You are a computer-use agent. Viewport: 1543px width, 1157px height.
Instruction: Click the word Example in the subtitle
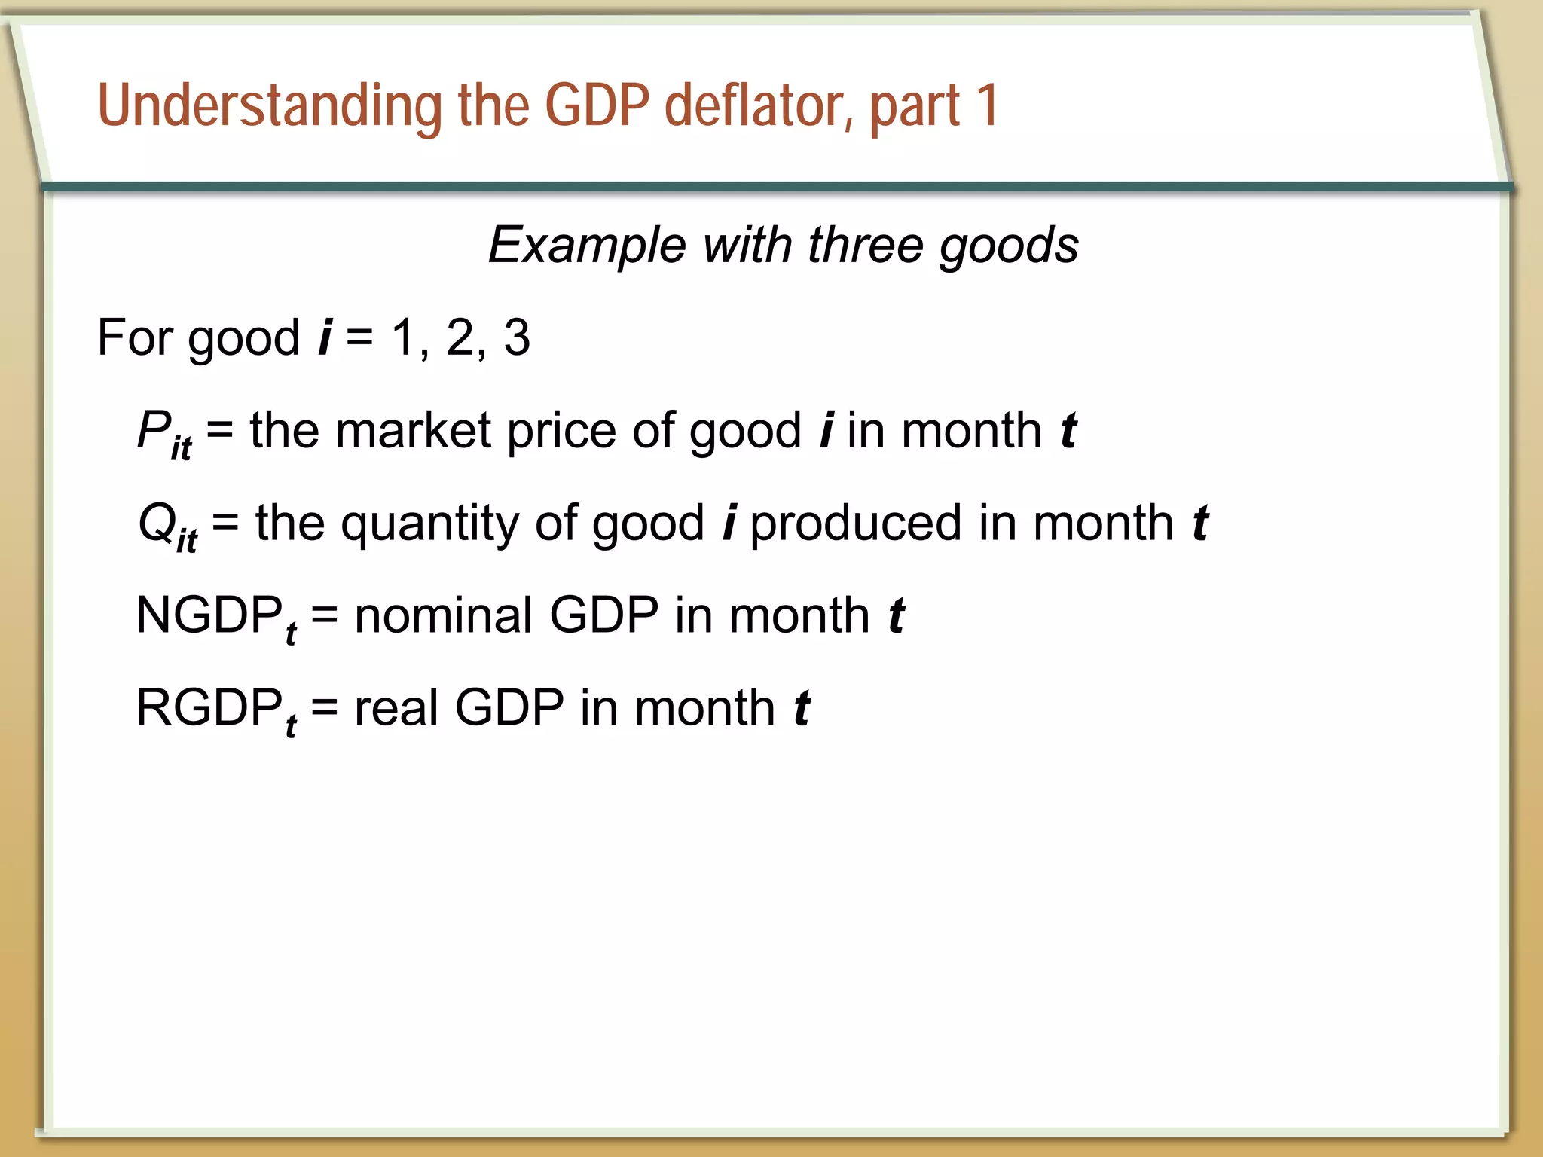(587, 246)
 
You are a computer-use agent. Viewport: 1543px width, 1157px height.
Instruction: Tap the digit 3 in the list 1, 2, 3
(517, 337)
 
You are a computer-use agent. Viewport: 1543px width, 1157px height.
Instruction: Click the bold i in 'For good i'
(325, 337)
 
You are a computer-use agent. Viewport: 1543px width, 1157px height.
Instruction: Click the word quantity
(429, 524)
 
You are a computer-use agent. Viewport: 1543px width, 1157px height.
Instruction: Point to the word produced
(856, 523)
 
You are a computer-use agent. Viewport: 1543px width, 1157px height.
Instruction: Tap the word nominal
(444, 615)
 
